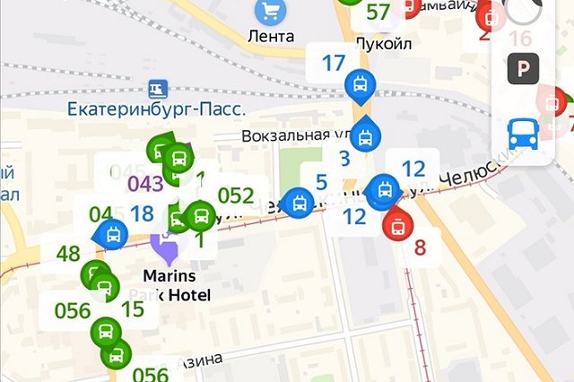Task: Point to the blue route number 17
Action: click(333, 64)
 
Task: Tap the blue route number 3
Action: click(344, 161)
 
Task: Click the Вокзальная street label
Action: click(287, 135)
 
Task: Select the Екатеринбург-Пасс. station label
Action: click(157, 109)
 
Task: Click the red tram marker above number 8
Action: click(395, 224)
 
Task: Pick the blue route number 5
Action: click(320, 182)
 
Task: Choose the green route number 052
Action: click(236, 195)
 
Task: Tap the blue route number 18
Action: click(142, 213)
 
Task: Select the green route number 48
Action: click(68, 254)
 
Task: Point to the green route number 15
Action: click(133, 309)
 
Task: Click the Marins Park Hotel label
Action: click(176, 285)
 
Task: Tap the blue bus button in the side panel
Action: click(521, 135)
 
